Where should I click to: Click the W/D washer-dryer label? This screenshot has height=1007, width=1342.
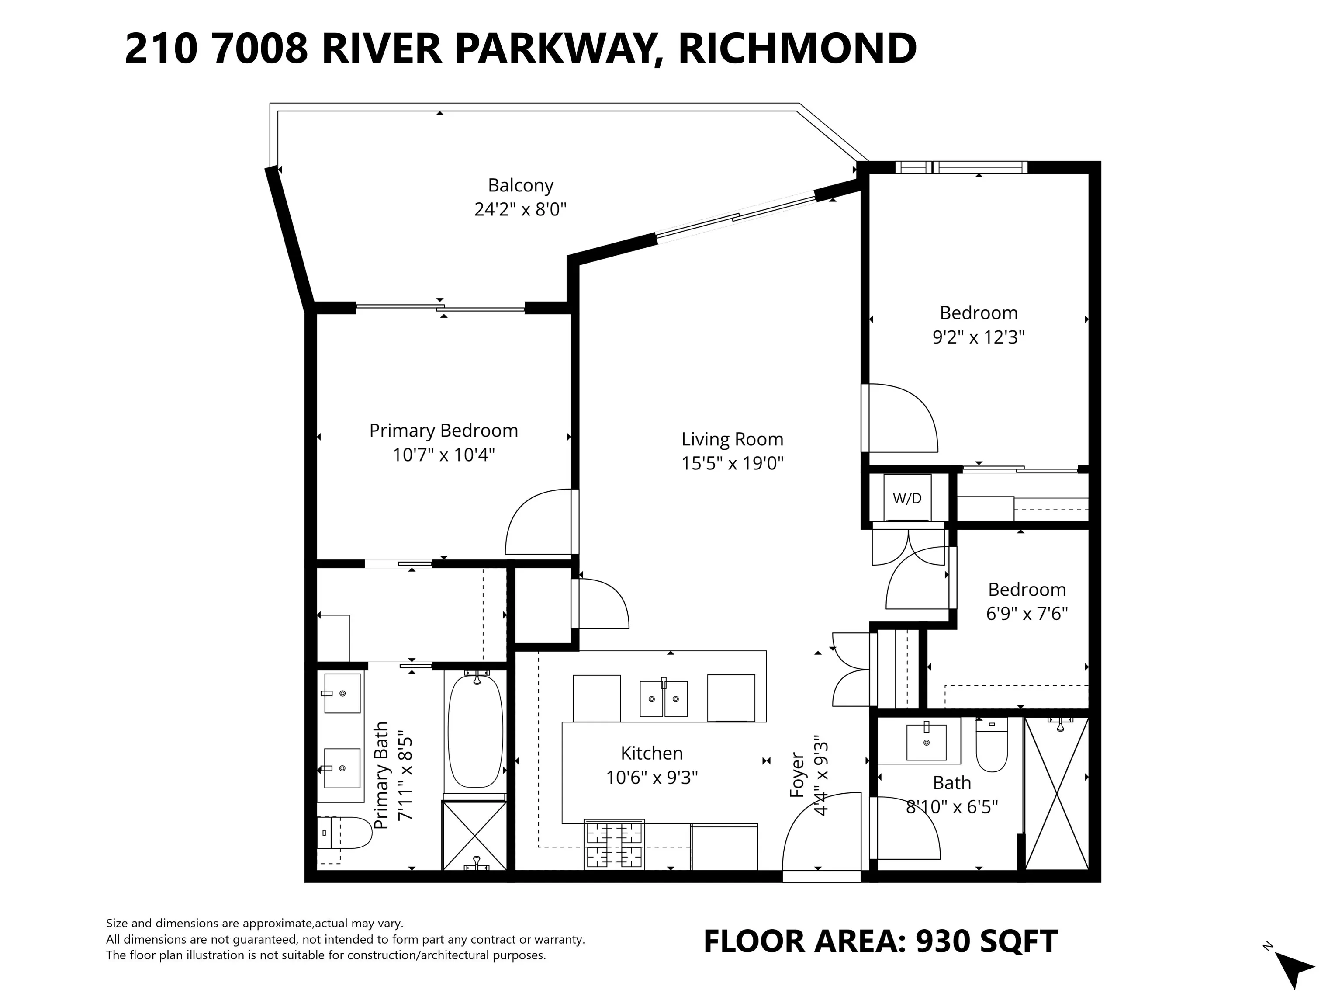pos(906,498)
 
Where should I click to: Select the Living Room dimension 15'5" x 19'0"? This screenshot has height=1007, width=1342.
pos(732,463)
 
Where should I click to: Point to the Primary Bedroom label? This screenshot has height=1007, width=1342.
pos(443,431)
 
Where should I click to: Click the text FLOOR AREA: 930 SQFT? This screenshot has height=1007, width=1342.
pos(880,941)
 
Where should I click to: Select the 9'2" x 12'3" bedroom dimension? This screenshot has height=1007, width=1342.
pos(978,337)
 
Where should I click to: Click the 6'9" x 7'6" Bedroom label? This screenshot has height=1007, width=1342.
pos(1027,590)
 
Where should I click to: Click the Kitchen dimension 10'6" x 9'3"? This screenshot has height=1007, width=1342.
pos(652,778)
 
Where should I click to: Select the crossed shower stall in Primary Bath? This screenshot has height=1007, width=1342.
pos(474,835)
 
